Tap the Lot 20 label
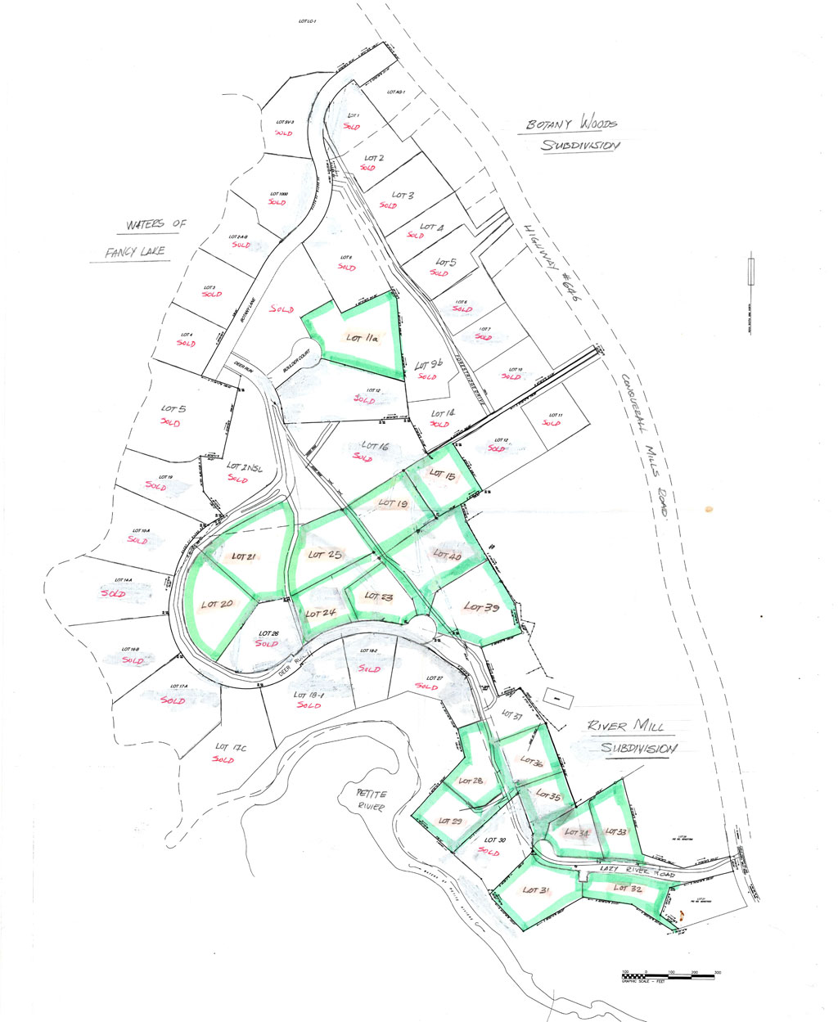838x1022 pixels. tap(218, 605)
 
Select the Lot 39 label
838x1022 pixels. tap(483, 607)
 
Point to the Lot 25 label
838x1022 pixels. tap(324, 555)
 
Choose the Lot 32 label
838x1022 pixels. tap(628, 888)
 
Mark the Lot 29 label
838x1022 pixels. tap(451, 821)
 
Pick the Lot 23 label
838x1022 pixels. tap(379, 597)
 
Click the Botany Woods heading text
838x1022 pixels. tap(572, 124)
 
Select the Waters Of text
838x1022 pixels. tap(156, 224)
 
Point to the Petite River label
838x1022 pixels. tap(367, 799)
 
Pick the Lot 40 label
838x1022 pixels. tap(447, 555)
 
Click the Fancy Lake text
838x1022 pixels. tap(135, 252)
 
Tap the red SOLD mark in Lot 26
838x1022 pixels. tap(267, 643)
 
